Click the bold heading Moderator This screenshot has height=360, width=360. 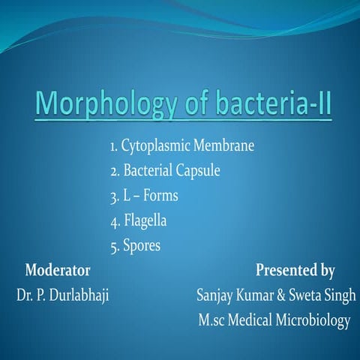pos(58,269)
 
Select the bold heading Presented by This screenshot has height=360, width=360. pos(295,269)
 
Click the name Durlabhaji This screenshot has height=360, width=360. pos(78,295)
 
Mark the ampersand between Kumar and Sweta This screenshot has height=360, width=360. pos(276,295)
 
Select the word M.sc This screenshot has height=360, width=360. pos(214,320)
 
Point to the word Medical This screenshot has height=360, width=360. pos(255,320)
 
